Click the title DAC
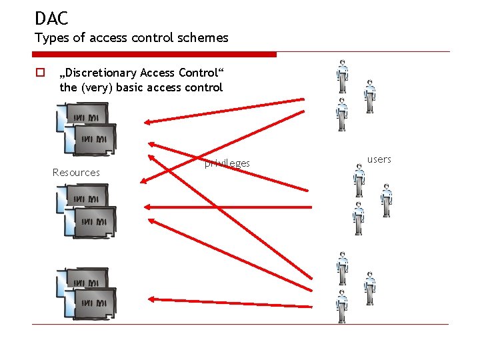(x=51, y=18)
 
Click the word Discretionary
(x=99, y=73)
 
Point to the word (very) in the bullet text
(x=98, y=87)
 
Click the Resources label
(x=76, y=173)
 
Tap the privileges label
(x=227, y=163)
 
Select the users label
(x=379, y=159)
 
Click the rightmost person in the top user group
(x=369, y=96)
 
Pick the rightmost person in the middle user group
(x=385, y=200)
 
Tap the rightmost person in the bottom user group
(x=369, y=287)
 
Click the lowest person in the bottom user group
(x=342, y=306)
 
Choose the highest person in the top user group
(x=342, y=76)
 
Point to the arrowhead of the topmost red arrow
(x=148, y=121)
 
